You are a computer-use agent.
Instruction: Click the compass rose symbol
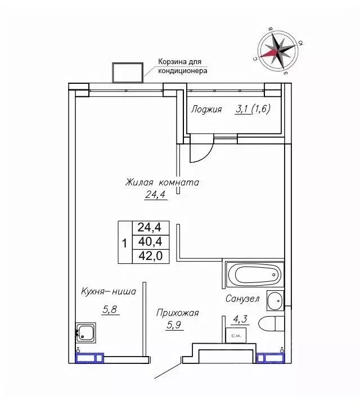[x=278, y=51]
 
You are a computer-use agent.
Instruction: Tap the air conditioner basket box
[x=128, y=73]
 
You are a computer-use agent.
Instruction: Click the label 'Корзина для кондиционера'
[x=183, y=66]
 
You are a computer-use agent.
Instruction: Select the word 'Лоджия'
[x=206, y=110]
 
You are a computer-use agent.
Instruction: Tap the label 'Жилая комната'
[x=162, y=182]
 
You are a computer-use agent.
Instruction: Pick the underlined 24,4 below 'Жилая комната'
[x=155, y=195]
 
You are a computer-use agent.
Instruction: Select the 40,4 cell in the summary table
[x=151, y=242]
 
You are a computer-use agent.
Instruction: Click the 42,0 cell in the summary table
[x=151, y=256]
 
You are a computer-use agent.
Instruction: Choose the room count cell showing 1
[x=125, y=242]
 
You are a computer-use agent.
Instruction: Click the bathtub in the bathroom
[x=255, y=274]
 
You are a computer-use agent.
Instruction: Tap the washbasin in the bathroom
[x=275, y=301]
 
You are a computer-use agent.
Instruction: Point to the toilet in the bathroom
[x=271, y=323]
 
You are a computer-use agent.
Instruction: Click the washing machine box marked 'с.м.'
[x=236, y=335]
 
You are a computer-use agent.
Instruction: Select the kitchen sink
[x=85, y=332]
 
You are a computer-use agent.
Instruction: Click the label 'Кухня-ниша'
[x=109, y=291]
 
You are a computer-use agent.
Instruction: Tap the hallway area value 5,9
[x=174, y=325]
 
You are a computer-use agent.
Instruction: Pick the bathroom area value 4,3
[x=240, y=319]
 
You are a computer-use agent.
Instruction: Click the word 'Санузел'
[x=242, y=299]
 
